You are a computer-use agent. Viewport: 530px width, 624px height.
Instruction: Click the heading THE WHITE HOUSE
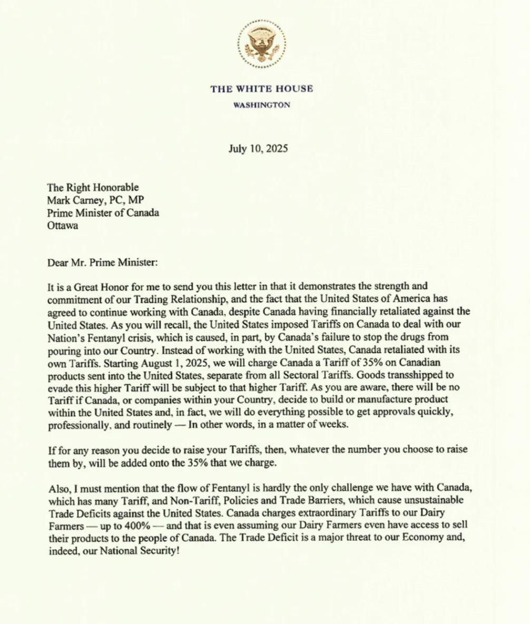(x=261, y=89)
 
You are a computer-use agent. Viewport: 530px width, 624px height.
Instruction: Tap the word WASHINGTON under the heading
(x=261, y=105)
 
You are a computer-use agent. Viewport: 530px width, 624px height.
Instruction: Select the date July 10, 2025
(x=258, y=148)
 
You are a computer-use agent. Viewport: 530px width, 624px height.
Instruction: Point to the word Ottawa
(x=62, y=226)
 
